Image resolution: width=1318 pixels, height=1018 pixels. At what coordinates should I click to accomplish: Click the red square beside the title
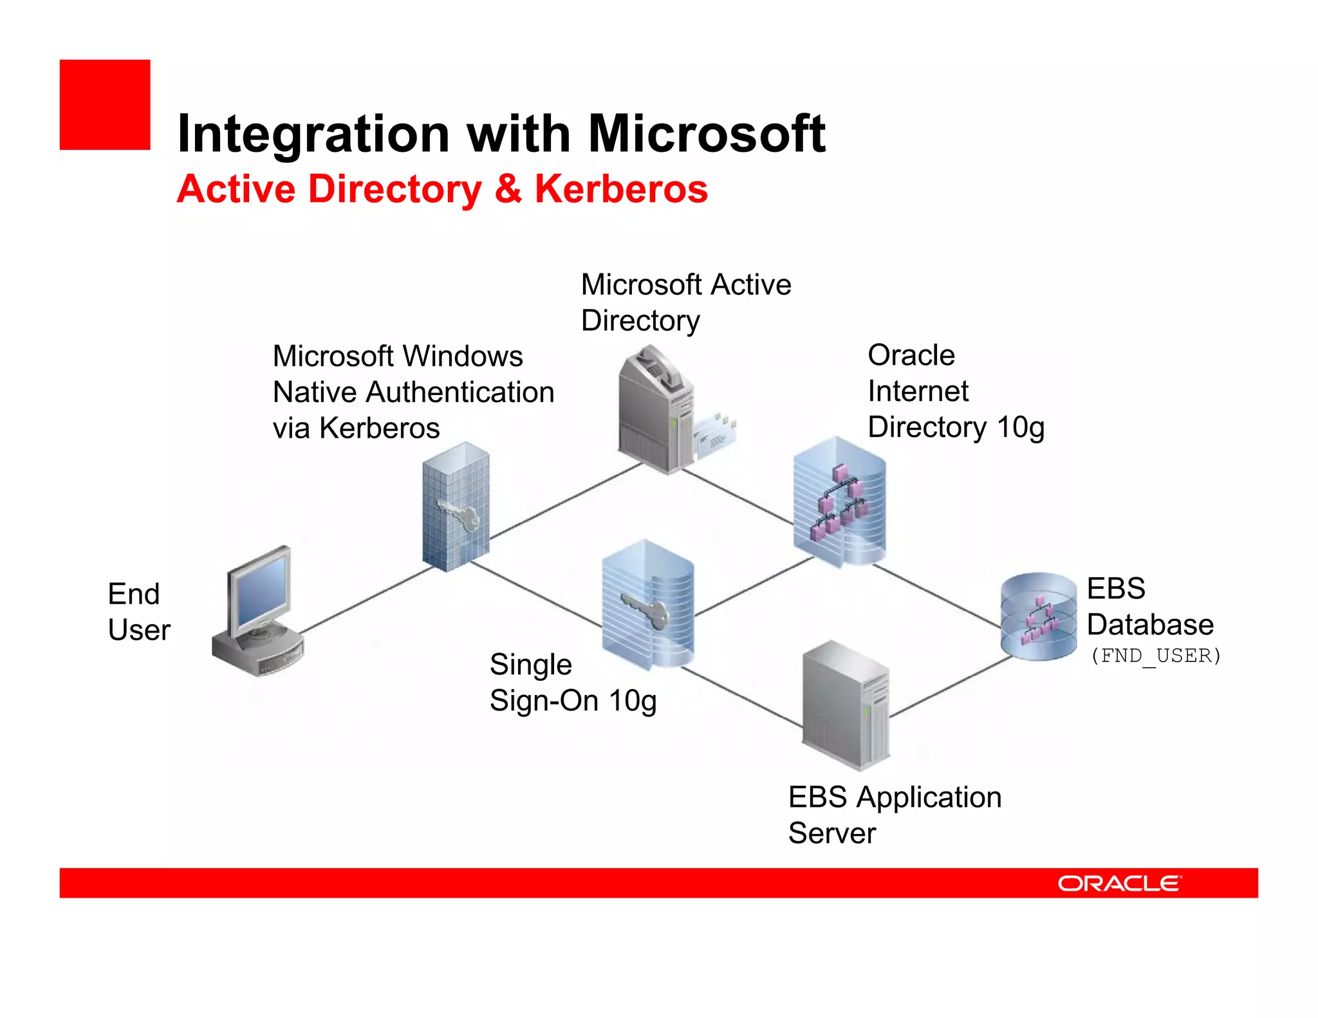[105, 105]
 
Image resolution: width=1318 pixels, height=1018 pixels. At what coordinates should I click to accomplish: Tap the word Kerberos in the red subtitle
[620, 189]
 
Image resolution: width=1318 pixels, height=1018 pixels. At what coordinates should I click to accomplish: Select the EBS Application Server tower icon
[845, 707]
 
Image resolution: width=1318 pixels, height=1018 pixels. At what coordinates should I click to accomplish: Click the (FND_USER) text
[1155, 656]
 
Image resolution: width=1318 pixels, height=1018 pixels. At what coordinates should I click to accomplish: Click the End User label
[138, 612]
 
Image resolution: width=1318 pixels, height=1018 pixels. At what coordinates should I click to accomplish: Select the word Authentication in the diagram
[459, 393]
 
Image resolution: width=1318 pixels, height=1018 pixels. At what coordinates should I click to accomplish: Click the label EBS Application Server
[894, 815]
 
